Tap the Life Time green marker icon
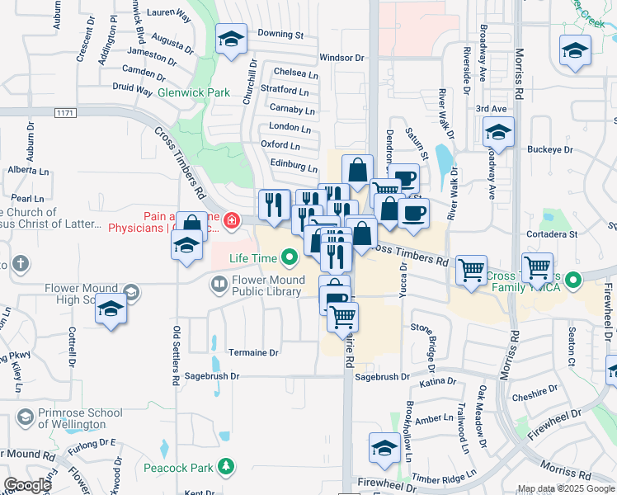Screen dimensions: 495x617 click(x=289, y=258)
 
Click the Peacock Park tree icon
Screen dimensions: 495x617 click(x=225, y=468)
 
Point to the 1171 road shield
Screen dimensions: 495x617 click(x=65, y=111)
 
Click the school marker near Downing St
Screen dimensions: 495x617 click(x=232, y=39)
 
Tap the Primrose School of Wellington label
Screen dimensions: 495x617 click(x=73, y=418)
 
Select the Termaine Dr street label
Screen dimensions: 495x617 click(x=254, y=352)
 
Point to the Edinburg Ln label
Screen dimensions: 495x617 click(x=294, y=163)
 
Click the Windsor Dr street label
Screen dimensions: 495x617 click(x=341, y=58)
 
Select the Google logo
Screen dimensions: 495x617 click(x=27, y=485)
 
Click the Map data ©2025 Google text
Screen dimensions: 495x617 click(x=565, y=488)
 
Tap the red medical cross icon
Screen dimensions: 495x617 click(x=231, y=220)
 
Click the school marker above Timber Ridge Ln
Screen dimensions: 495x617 click(x=384, y=448)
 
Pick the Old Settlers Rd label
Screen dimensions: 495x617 click(x=176, y=356)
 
